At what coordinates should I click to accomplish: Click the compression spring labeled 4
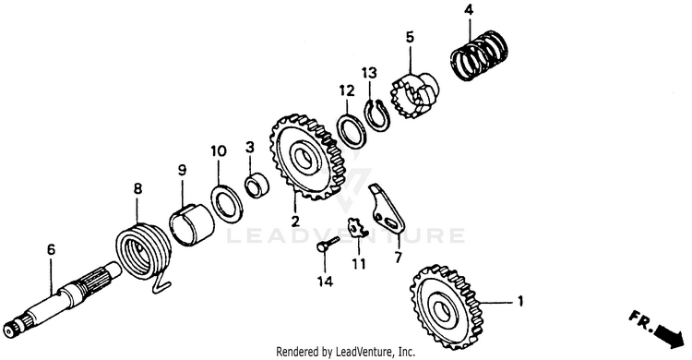point(480,54)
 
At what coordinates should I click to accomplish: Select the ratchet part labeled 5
point(414,95)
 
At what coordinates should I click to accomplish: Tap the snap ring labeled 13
point(376,115)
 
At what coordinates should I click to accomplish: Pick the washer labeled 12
point(352,130)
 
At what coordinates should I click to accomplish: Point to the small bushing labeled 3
point(257,186)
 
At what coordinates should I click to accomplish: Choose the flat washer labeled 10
point(227,204)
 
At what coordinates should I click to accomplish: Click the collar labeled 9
point(192,224)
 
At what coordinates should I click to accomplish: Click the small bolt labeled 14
point(328,244)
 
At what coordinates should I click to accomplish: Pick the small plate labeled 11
point(356,228)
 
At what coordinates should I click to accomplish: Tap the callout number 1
point(520,302)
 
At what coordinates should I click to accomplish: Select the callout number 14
point(325,281)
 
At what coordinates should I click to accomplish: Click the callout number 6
point(51,249)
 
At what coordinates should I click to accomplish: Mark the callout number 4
point(469,10)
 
